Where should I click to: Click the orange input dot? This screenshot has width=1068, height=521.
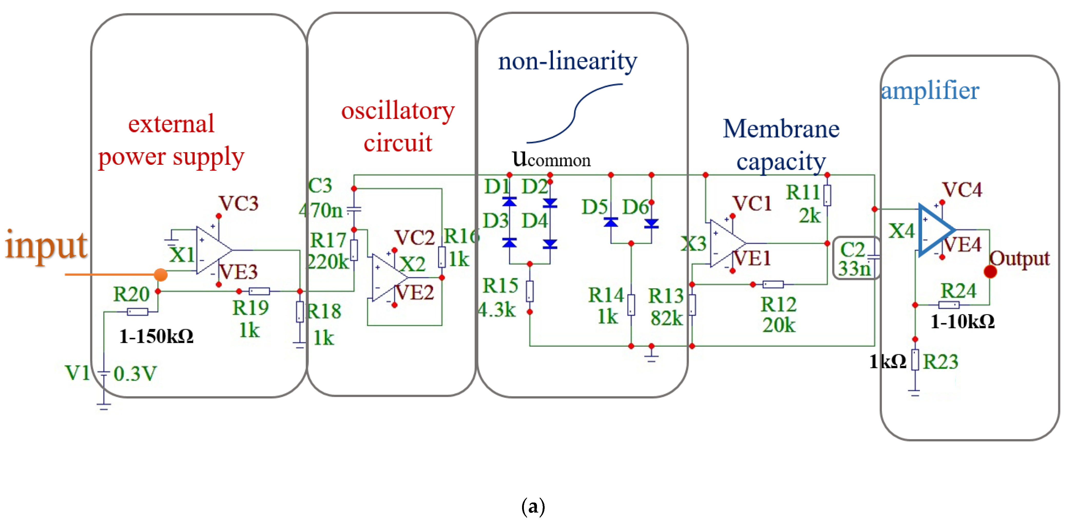[160, 274]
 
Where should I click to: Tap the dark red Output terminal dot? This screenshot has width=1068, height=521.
[990, 272]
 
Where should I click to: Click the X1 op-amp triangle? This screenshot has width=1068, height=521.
[214, 250]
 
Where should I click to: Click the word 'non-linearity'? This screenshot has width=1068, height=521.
[567, 61]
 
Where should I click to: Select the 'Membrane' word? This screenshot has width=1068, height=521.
[781, 129]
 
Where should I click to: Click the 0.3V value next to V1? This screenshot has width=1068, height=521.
[135, 374]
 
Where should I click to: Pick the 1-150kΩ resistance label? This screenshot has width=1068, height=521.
[156, 336]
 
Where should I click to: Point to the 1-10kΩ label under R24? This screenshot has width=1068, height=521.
[962, 321]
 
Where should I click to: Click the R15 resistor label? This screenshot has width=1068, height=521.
[501, 286]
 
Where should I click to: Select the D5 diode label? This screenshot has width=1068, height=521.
[594, 207]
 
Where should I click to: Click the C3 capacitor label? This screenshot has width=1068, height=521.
[320, 185]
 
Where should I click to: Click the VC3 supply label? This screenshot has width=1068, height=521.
[239, 203]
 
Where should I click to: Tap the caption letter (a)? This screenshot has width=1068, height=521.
[533, 506]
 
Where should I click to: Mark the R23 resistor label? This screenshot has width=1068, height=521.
[940, 362]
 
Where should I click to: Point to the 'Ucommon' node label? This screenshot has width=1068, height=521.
[551, 159]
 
